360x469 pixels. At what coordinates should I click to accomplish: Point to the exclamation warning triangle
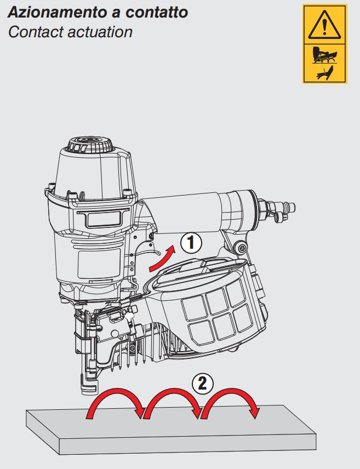324,26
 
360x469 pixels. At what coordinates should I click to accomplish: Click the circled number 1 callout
191,243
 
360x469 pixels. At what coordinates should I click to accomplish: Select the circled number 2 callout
203,383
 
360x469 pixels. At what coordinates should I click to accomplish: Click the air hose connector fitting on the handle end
278,209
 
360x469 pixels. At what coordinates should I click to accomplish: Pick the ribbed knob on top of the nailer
90,145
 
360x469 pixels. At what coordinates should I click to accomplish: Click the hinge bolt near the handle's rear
241,247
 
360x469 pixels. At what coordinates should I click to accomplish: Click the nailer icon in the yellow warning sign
324,55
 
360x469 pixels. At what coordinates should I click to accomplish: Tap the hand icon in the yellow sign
324,73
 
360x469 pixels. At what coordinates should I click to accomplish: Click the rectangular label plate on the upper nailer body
102,218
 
